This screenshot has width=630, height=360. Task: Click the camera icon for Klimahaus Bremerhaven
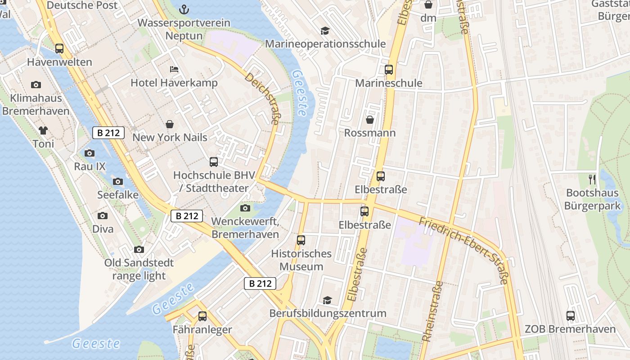click(36, 85)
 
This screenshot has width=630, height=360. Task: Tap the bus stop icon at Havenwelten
click(59, 49)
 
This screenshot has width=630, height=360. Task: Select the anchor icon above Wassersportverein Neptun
click(184, 9)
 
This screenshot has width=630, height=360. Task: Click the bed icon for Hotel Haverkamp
click(174, 69)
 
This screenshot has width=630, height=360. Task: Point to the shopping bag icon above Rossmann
click(370, 119)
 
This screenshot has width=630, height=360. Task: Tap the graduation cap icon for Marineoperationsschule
click(325, 31)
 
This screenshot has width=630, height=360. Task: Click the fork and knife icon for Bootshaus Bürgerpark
click(592, 180)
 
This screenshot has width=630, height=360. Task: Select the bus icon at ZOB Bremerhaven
click(571, 316)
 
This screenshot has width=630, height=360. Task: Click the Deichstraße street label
click(263, 99)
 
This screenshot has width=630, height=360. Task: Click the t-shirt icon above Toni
click(43, 130)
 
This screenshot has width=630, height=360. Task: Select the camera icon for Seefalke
click(118, 182)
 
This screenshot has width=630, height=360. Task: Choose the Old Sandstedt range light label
click(135, 269)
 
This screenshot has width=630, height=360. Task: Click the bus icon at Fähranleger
click(202, 316)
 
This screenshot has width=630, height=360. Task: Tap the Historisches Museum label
click(301, 260)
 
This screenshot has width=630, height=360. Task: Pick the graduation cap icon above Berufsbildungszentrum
click(327, 300)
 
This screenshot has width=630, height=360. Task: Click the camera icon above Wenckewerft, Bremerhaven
click(245, 208)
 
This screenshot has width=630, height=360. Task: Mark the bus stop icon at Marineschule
click(389, 70)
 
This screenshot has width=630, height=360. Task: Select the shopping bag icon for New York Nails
click(170, 124)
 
